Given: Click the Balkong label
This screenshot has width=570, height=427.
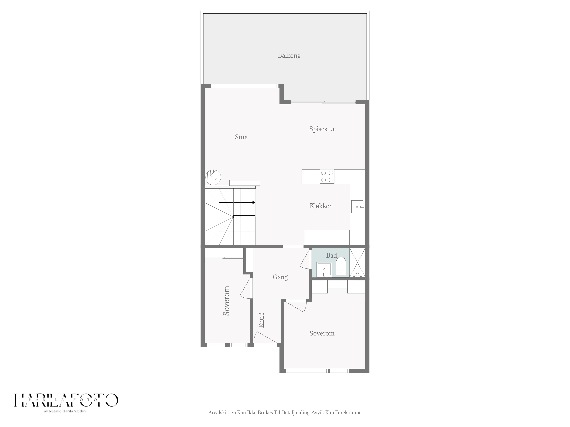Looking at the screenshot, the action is pyautogui.click(x=289, y=56).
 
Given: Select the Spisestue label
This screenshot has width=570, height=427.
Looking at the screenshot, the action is pyautogui.click(x=322, y=129).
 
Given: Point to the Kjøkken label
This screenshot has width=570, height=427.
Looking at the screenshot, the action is pyautogui.click(x=321, y=206).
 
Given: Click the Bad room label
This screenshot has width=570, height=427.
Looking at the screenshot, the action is pyautogui.click(x=331, y=255).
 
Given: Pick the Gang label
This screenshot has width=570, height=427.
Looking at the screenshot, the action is pyautogui.click(x=280, y=277).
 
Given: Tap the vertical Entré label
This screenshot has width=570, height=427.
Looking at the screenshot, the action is pyautogui.click(x=261, y=320).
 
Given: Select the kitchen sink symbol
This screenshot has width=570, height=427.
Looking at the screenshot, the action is pyautogui.click(x=357, y=207).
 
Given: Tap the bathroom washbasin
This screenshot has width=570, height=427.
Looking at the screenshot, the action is pyautogui.click(x=324, y=269).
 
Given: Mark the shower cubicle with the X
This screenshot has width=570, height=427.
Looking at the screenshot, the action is pyautogui.click(x=357, y=262).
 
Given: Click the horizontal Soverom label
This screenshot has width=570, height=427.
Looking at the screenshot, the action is pyautogui.click(x=322, y=333).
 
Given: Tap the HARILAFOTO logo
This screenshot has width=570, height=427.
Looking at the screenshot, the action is pyautogui.click(x=66, y=400).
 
